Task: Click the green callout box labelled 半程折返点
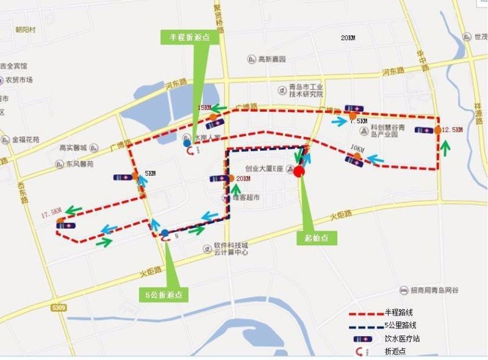[189, 37]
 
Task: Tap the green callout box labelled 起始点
[317, 239]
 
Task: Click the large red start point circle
[299, 171]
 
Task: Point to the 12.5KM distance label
[452, 130]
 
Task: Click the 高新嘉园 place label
[271, 59]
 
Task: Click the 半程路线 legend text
[399, 312]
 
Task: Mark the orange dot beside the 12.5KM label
[437, 130]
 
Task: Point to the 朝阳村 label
[26, 29]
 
